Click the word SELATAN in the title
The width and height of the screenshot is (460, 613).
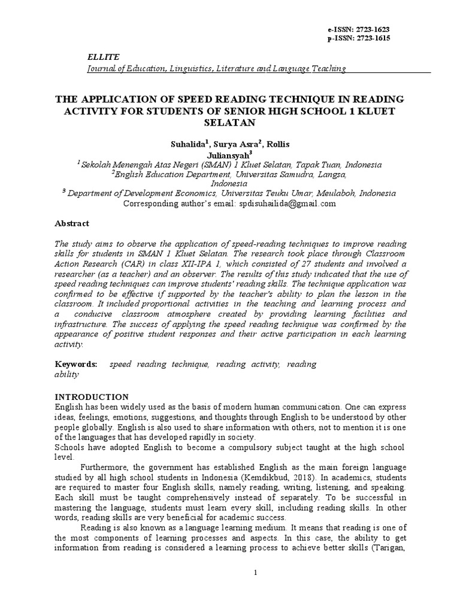pos(230,123)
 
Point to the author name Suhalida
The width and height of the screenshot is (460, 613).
pos(187,144)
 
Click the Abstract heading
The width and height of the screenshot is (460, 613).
pos(72,223)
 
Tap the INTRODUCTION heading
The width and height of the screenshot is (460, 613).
pos(92,397)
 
